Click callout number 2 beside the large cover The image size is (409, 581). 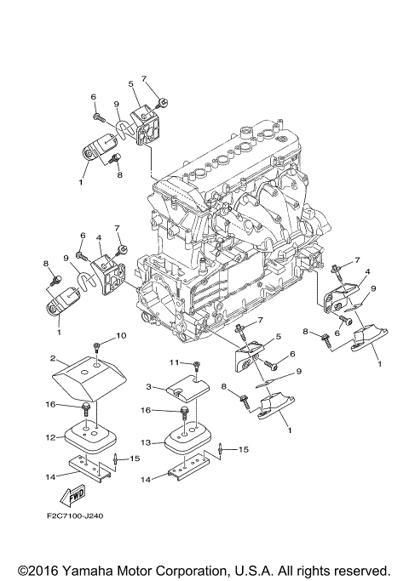pos(52,359)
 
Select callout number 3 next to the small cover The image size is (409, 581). pos(148,387)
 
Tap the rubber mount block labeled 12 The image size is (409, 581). pos(92,437)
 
